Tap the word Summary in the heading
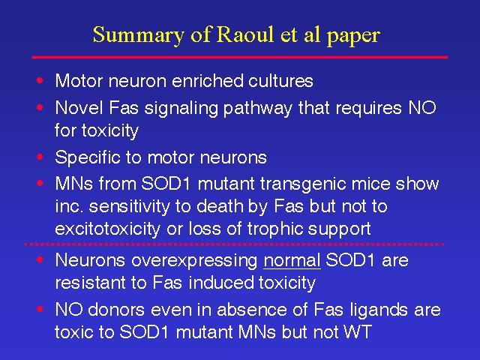[x=138, y=36]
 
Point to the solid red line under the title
[x=240, y=57]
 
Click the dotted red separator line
[x=234, y=244]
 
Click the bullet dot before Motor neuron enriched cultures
[x=40, y=80]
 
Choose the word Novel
[x=79, y=108]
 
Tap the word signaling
[x=181, y=109]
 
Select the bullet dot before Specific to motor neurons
[x=40, y=157]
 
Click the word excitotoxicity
[x=107, y=229]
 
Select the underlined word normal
[x=292, y=260]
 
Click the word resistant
[x=90, y=283]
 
